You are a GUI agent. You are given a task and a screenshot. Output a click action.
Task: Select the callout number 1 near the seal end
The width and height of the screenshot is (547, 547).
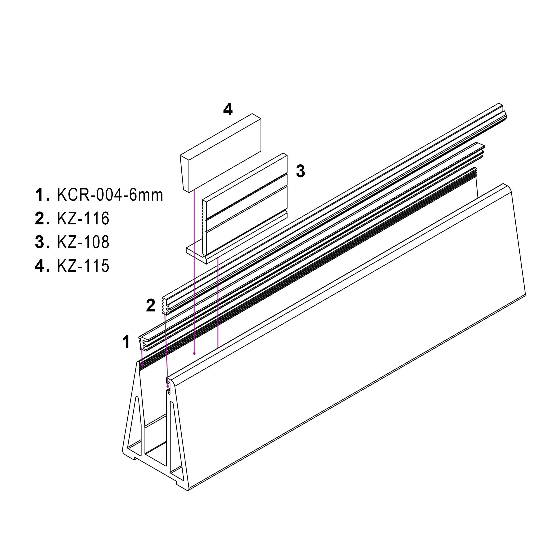[126, 342]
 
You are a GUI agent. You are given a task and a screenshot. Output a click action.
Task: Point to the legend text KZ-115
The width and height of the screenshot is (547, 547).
[83, 266]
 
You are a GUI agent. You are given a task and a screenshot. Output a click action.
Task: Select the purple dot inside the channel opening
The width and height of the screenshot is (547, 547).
[194, 353]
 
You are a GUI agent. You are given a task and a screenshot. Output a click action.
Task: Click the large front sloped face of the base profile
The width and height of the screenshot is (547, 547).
[340, 340]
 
